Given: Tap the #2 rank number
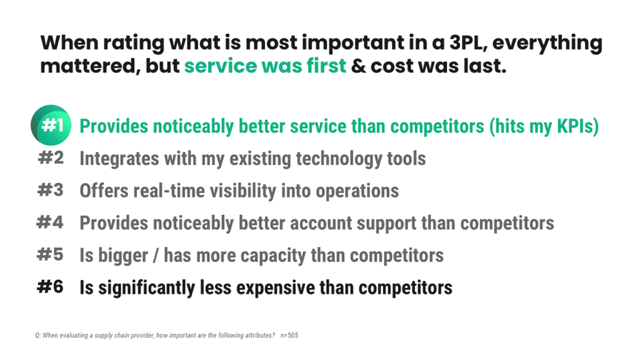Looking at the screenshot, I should [51, 158].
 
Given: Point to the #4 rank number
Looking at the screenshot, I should [51, 222].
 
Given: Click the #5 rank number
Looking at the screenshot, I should [51, 254].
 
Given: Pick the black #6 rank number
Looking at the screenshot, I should [51, 287].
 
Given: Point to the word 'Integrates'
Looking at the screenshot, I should [119, 159].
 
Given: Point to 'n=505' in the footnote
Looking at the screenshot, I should [289, 336].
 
